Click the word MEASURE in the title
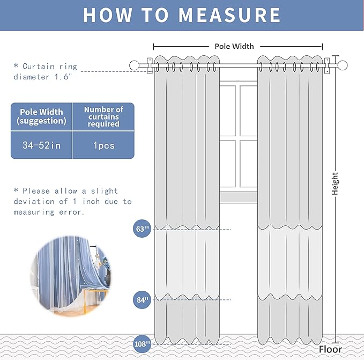pyautogui.click(x=229, y=15)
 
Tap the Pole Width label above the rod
pyautogui.click(x=234, y=46)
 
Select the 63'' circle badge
pyautogui.click(x=142, y=229)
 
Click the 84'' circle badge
pyautogui.click(x=142, y=300)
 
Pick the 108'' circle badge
pyautogui.click(x=142, y=344)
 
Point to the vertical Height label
pyautogui.click(x=335, y=183)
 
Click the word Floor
pyautogui.click(x=330, y=349)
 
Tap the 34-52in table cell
pyautogui.click(x=42, y=145)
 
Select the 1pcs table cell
pyautogui.click(x=103, y=145)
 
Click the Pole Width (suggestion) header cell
pyautogui.click(x=42, y=116)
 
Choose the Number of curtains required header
pyautogui.click(x=103, y=116)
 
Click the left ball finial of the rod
pyautogui.click(x=134, y=65)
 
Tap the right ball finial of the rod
pyautogui.click(x=343, y=65)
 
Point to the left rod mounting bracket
pyautogui.click(x=150, y=65)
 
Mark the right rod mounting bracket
pyautogui.click(x=327, y=65)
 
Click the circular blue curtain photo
pyautogui.click(x=71, y=276)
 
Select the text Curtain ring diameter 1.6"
pyautogui.click(x=45, y=71)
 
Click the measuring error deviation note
pyautogui.click(x=72, y=201)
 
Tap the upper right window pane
pyautogui.click(x=249, y=111)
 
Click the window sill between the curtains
pyautogui.click(x=239, y=197)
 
